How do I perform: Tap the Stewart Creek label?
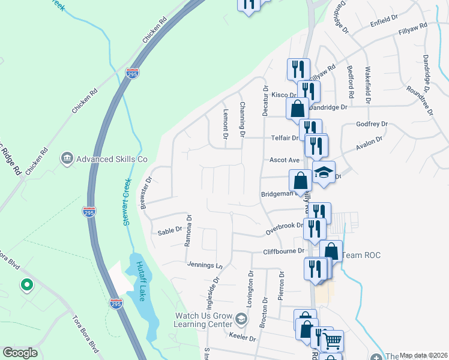coord(127,204)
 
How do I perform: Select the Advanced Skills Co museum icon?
coord(67,159)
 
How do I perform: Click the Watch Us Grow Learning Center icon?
coord(241,319)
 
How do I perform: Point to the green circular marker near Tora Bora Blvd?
coord(26,286)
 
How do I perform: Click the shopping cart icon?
coord(332,341)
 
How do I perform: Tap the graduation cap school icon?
coord(324,172)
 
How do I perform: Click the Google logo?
coord(20,353)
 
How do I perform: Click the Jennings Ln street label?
coord(205,265)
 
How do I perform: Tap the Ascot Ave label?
coord(285,160)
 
